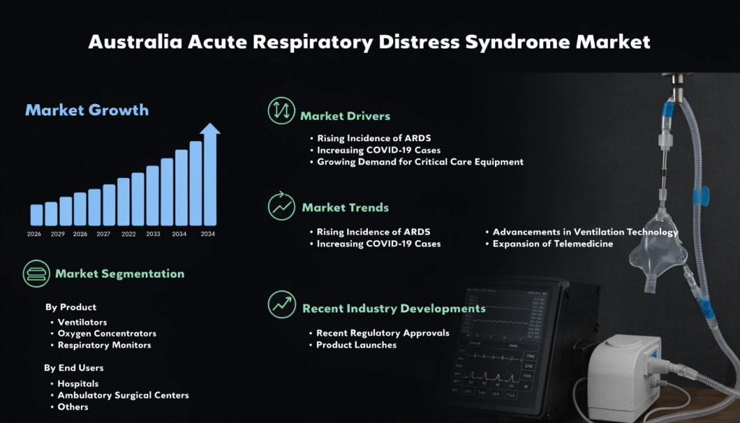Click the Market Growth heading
87,111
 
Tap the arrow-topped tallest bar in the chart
210,177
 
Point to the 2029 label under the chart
58,234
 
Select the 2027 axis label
103,234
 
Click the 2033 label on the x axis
153,234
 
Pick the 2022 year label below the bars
129,234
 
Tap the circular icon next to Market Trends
281,206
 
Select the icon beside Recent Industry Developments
281,304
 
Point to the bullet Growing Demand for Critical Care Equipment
420,162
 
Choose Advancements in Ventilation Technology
585,232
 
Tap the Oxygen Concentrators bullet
107,333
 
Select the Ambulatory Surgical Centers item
123,395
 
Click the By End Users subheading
74,367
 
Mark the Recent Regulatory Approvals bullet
383,333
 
